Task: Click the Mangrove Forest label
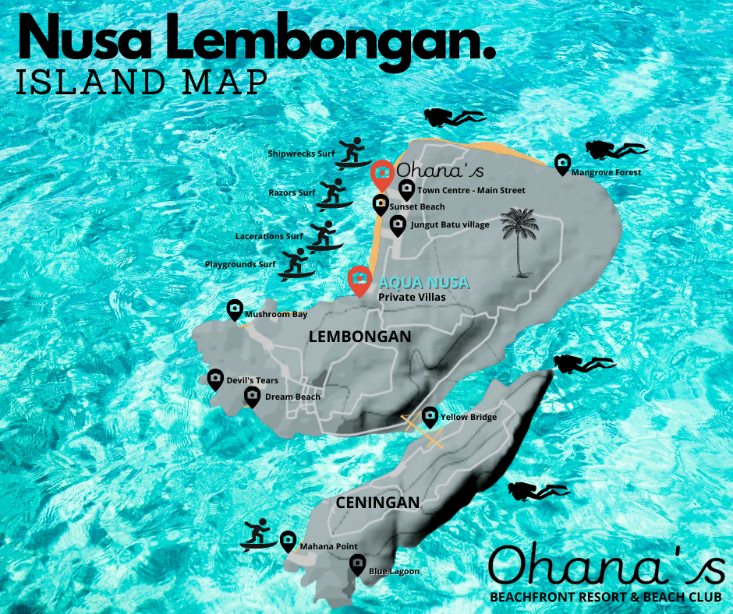click(x=606, y=172)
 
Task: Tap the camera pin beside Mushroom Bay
click(x=234, y=309)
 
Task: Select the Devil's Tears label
click(x=252, y=380)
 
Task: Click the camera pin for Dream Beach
click(x=251, y=396)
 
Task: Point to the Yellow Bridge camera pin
click(x=430, y=417)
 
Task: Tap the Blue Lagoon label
click(x=394, y=571)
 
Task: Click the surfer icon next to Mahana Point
click(x=258, y=535)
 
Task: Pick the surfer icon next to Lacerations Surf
click(x=323, y=235)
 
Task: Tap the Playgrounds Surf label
click(x=240, y=264)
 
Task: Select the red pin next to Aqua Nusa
click(x=359, y=280)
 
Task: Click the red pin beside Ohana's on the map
click(x=381, y=174)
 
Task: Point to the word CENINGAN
click(x=377, y=503)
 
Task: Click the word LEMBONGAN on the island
click(x=359, y=337)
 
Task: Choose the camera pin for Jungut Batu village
click(x=398, y=225)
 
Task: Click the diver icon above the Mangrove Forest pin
click(x=616, y=148)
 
